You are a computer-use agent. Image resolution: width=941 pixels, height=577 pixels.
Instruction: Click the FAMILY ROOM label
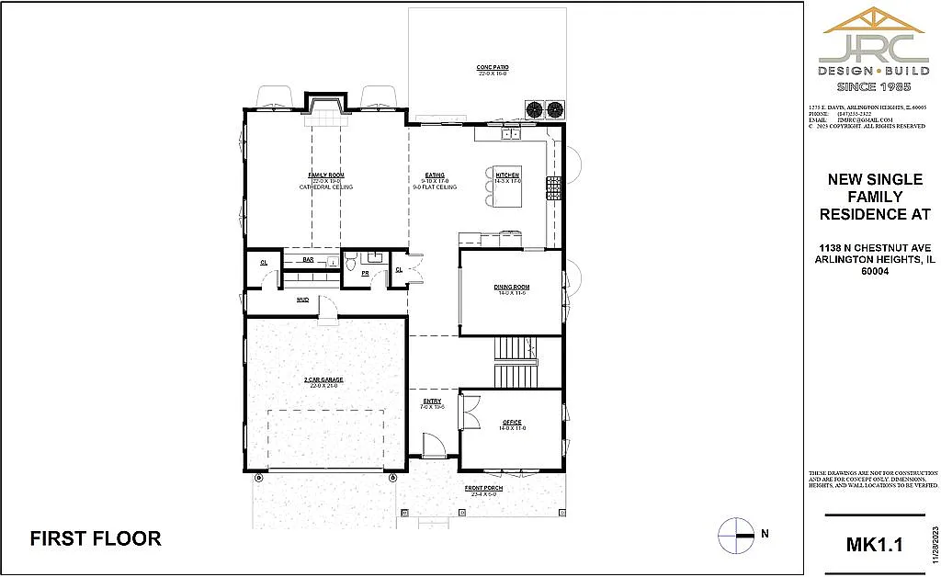pyautogui.click(x=325, y=175)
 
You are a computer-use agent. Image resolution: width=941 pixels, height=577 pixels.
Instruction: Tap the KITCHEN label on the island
pyautogui.click(x=507, y=175)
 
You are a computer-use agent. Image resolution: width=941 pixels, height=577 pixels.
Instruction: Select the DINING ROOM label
pyautogui.click(x=511, y=287)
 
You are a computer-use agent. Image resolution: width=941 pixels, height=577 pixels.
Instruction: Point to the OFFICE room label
pyautogui.click(x=512, y=423)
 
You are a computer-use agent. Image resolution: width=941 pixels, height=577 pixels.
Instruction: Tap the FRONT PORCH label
pyautogui.click(x=483, y=488)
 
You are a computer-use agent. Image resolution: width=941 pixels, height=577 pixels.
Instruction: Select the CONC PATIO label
pyautogui.click(x=493, y=68)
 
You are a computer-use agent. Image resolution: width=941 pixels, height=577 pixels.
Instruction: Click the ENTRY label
pyautogui.click(x=432, y=402)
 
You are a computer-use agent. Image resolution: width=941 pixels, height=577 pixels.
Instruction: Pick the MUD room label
pyautogui.click(x=302, y=300)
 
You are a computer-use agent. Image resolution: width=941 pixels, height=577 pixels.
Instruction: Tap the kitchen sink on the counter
pyautogui.click(x=511, y=134)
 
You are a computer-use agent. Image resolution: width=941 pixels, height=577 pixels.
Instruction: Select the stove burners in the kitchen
pyautogui.click(x=554, y=188)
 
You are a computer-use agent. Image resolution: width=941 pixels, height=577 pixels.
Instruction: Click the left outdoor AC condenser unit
pyautogui.click(x=534, y=110)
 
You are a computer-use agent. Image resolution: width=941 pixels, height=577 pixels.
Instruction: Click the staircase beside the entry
pyautogui.click(x=514, y=363)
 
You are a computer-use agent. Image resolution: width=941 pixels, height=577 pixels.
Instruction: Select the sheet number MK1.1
pyautogui.click(x=874, y=545)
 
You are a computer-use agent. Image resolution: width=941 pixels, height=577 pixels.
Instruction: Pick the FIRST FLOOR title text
pyautogui.click(x=96, y=538)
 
